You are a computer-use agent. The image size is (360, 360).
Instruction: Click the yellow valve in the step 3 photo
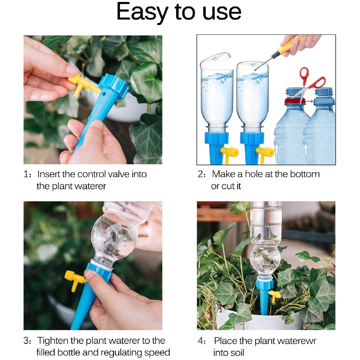pos(74,279)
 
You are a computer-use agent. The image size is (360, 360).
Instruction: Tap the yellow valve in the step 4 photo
pos(275,295)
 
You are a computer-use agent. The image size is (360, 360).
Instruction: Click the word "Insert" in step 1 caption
pos(49,174)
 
